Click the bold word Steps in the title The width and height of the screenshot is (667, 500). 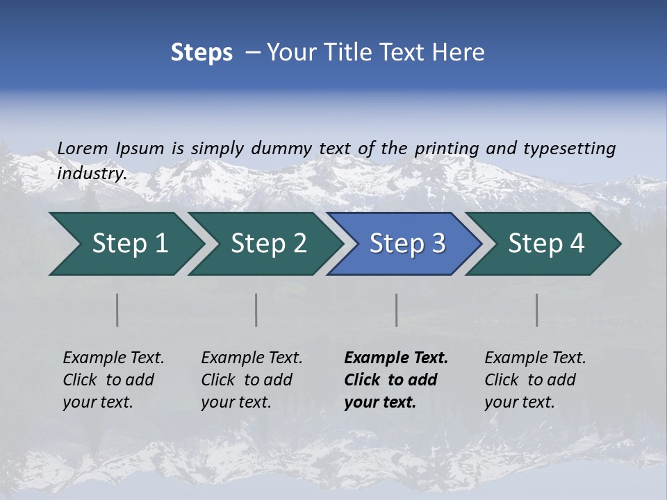[x=201, y=53]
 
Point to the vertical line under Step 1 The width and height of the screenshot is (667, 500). [x=117, y=310]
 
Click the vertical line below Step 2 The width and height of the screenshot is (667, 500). [x=256, y=310]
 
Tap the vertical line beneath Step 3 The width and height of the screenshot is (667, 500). [x=397, y=310]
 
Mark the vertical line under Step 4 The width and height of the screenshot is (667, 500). [x=537, y=310]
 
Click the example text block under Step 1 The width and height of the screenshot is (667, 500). [x=113, y=380]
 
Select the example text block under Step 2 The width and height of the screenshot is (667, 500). [x=252, y=380]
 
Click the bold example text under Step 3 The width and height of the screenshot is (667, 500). [x=395, y=380]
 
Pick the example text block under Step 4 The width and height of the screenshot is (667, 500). [x=535, y=380]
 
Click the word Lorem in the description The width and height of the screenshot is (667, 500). [x=83, y=148]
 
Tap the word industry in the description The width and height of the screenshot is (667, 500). [x=91, y=174]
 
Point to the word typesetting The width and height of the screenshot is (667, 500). [x=569, y=149]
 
